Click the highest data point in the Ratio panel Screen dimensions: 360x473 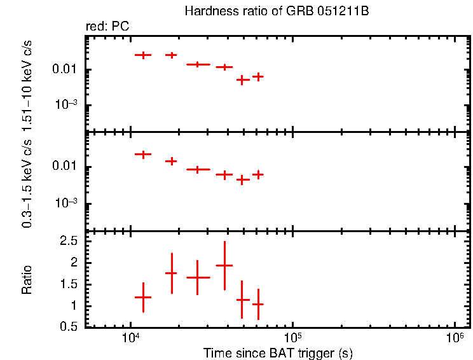tap(224, 265)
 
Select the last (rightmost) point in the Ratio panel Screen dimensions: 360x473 tap(258, 304)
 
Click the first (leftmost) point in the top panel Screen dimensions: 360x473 tap(143, 55)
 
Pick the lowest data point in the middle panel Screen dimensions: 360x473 tap(242, 180)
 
